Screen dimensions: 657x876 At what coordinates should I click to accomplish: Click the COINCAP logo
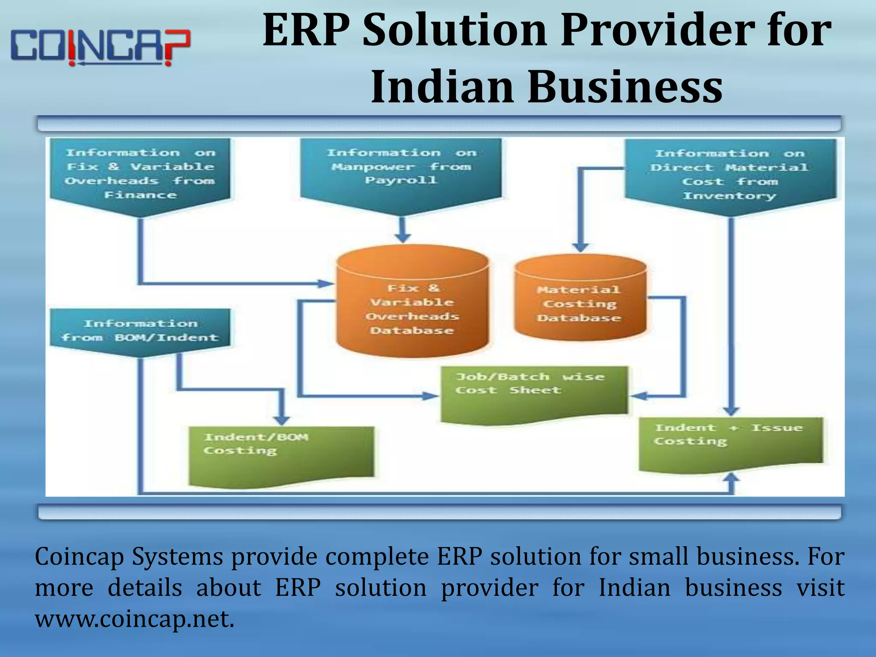coord(100,47)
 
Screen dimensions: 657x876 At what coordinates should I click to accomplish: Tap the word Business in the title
coord(625,87)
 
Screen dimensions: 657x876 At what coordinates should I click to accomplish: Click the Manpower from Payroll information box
coord(401,171)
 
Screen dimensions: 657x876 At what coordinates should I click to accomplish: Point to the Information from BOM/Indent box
coord(140,331)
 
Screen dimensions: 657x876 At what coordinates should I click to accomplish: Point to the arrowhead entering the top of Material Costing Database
coord(580,247)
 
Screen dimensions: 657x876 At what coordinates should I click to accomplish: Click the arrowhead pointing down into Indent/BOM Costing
coord(281,420)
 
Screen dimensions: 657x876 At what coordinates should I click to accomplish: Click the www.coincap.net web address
coord(135,619)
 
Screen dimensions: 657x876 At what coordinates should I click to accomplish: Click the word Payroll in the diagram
coord(401,181)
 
